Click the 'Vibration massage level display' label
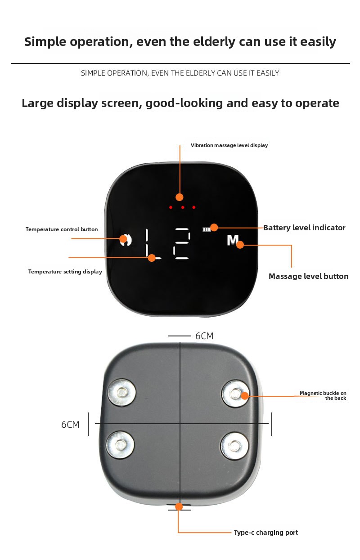pos(229,145)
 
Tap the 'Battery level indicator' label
pos(304,228)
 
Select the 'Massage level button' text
pos(308,276)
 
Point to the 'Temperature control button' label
pos(62,229)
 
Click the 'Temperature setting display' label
pos(65,272)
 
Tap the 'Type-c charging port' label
pos(265,533)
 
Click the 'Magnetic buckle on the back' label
pos(323,396)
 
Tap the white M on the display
pos(232,241)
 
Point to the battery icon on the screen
pos(206,229)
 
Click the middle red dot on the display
pos(182,207)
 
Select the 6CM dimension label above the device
pos(204,336)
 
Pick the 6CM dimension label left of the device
pos(70,425)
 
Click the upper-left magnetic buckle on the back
pos(121,393)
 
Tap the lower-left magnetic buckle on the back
pos(120,445)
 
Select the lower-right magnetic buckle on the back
pos(234,445)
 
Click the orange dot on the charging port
pos(179,506)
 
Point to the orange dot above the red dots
pos(180,197)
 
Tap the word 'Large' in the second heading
pos(38,103)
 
